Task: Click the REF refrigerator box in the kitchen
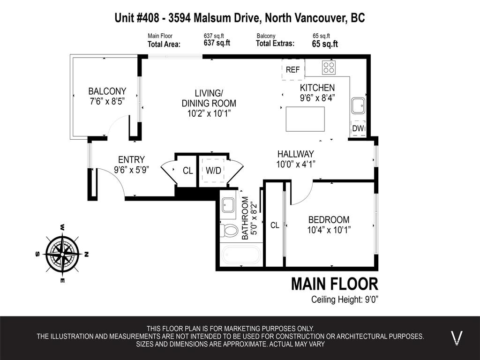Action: (x=293, y=69)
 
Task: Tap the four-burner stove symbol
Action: (x=329, y=67)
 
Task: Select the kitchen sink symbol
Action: (x=359, y=105)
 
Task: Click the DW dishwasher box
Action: (x=358, y=128)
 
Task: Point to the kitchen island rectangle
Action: (x=305, y=119)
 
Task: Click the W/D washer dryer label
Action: (x=213, y=171)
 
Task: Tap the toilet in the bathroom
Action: (x=229, y=231)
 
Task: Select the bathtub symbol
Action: (x=241, y=255)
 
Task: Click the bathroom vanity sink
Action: (x=228, y=205)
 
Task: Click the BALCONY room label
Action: (x=107, y=91)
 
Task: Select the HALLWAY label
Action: (x=295, y=154)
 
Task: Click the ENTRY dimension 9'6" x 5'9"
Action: (x=131, y=170)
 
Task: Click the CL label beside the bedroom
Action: (x=275, y=225)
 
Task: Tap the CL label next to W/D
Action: (x=188, y=171)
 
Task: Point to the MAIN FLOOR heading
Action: (x=334, y=284)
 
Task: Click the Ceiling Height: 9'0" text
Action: (x=345, y=300)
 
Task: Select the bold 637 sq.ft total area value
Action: (x=217, y=43)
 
